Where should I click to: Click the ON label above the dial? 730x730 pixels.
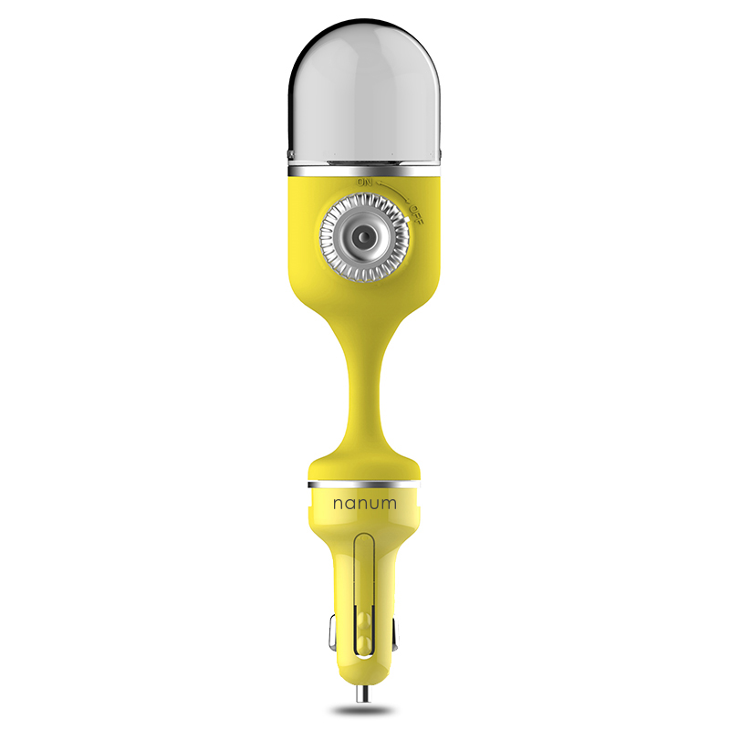click(364, 182)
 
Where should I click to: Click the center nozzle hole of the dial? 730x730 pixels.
click(364, 237)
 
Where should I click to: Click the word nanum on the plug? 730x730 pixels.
click(364, 504)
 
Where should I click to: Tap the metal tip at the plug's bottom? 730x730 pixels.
click(364, 693)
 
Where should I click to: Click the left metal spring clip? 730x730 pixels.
click(332, 633)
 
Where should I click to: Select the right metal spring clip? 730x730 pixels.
click(395, 633)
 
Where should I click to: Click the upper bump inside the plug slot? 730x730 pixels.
click(363, 620)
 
